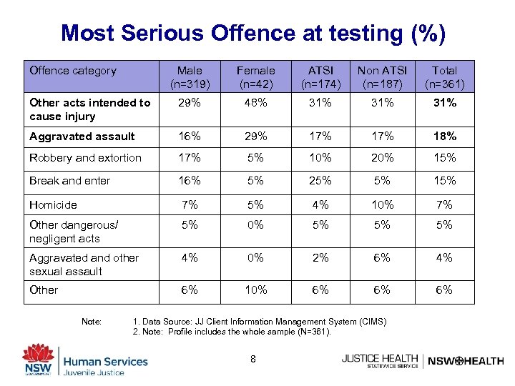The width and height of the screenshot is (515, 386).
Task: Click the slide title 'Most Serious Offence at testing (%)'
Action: coord(253,33)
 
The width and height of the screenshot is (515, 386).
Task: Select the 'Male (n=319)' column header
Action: coord(190,77)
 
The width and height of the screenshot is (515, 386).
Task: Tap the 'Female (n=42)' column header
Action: coord(255,77)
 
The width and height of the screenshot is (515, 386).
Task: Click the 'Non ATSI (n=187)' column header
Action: coord(382,77)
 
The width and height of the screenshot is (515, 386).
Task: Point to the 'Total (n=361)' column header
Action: coord(444,77)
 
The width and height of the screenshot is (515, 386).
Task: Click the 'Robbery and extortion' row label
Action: coord(86,157)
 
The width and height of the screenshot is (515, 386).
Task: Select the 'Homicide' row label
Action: coord(53,204)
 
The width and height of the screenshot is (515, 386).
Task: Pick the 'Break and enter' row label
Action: coord(70,181)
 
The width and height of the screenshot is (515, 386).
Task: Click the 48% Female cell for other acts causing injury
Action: coord(255,103)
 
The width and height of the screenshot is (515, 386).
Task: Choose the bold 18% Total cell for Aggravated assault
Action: coord(444,136)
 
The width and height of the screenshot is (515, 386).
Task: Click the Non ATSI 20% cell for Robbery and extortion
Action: coord(382,157)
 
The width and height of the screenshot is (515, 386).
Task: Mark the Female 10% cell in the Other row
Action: coord(255,289)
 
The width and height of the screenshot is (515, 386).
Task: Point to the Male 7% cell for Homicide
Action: coord(190,204)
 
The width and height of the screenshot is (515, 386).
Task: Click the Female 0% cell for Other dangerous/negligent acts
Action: coord(255,225)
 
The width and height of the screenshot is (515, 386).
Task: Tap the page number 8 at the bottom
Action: coord(253,357)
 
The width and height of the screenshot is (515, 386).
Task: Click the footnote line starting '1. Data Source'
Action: coord(259,322)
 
